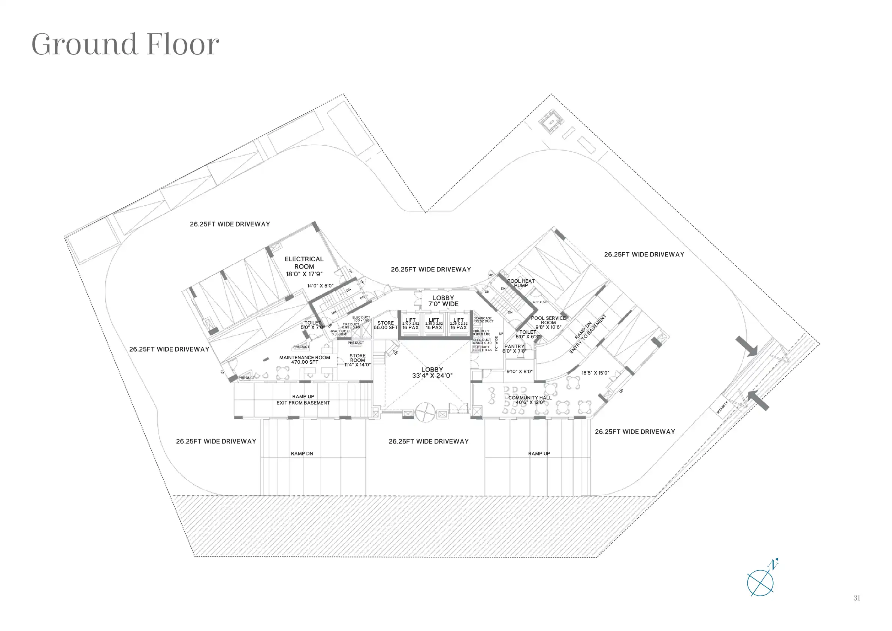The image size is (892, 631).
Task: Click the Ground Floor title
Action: (125, 44)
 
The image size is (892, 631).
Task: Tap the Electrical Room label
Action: (304, 266)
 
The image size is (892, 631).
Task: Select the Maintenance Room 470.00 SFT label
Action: (305, 360)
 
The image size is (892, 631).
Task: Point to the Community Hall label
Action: (530, 400)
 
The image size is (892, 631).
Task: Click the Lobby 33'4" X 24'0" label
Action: (432, 372)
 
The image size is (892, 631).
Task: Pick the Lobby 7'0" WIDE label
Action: (443, 301)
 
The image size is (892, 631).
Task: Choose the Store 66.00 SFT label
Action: (385, 325)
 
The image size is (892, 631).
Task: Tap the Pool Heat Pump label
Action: (521, 283)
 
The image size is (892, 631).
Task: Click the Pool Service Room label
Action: (548, 323)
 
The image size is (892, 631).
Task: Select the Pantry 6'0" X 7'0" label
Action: (514, 349)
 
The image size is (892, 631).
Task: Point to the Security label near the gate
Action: (722, 408)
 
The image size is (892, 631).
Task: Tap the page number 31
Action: (857, 598)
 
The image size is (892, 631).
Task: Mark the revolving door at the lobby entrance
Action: (425, 412)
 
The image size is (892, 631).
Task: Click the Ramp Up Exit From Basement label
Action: (303, 400)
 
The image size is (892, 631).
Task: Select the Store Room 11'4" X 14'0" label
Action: (357, 360)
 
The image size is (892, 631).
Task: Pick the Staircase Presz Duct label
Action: (483, 319)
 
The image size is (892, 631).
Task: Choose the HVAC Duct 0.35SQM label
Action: (339, 333)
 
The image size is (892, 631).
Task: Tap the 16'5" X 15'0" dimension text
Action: (595, 373)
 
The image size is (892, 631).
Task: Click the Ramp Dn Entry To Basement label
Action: (587, 334)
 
